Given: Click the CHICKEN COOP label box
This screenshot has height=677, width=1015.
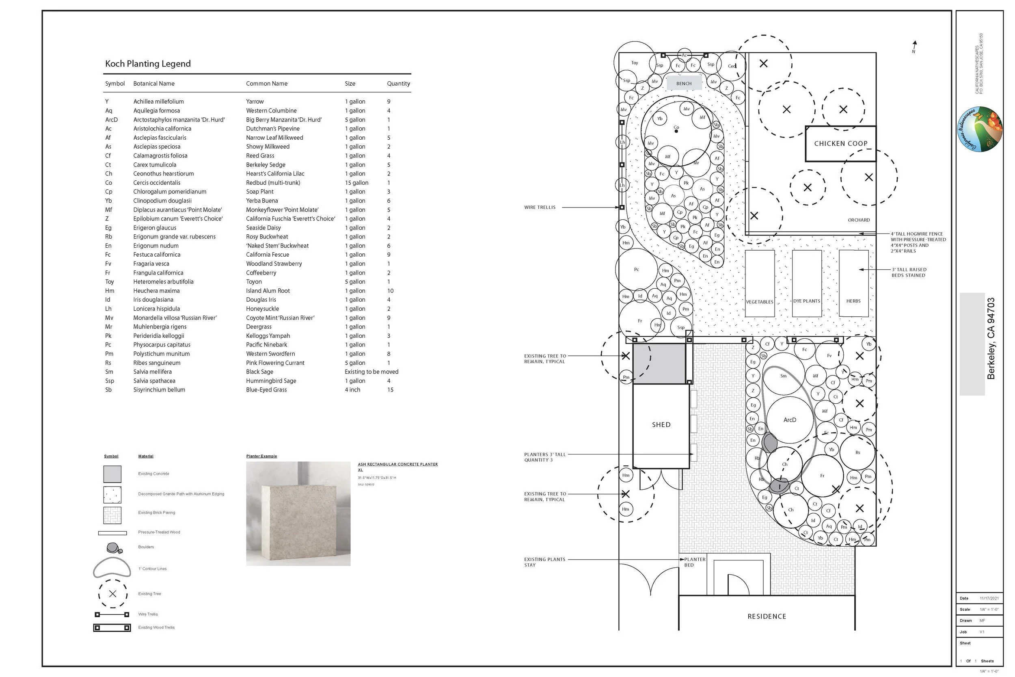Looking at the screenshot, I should click(840, 143).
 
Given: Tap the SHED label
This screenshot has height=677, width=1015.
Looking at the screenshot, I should click(661, 425).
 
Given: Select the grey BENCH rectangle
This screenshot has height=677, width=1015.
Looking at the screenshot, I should click(684, 83).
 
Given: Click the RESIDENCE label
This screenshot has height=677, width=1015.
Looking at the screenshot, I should click(767, 616).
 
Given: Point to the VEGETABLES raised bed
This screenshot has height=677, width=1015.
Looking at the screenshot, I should click(760, 283).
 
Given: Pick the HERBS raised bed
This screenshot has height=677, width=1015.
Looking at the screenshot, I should click(853, 283).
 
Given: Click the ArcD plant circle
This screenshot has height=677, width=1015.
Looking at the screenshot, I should click(790, 420).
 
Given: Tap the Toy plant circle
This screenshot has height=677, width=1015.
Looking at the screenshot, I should click(634, 63).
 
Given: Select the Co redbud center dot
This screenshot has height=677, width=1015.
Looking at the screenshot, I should click(676, 131).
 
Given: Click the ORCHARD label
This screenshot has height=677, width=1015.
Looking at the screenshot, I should click(858, 220).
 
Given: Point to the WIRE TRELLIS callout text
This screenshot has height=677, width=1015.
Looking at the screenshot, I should click(540, 208).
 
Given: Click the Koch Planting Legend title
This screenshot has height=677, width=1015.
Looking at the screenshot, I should click(148, 64).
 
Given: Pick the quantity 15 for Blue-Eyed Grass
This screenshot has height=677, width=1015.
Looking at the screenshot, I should click(390, 390).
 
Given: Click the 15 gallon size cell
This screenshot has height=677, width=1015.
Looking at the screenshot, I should click(356, 183).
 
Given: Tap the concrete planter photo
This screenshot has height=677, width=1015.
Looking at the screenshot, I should click(298, 514).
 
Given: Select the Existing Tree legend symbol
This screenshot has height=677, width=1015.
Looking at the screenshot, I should click(112, 594).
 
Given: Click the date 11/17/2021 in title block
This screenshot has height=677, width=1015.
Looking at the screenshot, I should click(989, 599).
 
